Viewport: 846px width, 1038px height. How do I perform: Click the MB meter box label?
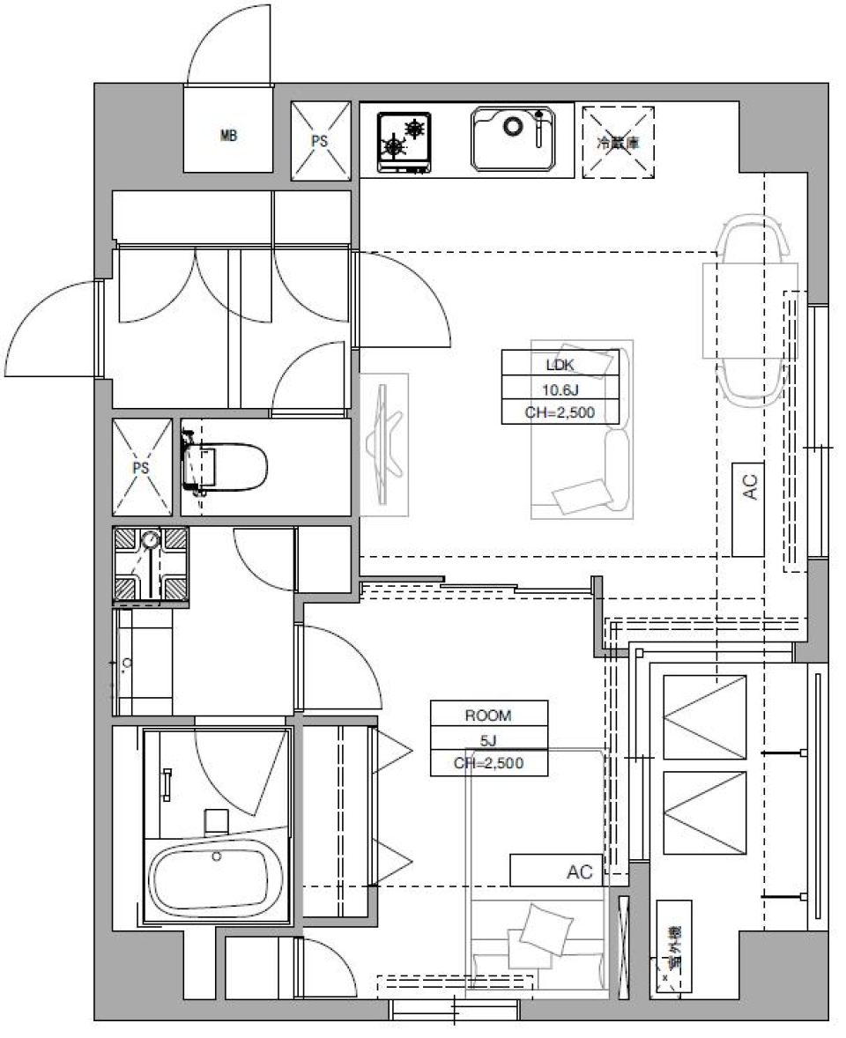228,136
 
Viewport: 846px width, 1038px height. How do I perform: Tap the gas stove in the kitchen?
404,140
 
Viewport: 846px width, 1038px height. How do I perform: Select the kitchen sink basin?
512,138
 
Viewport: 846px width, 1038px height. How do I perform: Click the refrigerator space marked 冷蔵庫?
619,142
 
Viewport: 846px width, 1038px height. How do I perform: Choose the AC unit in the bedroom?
557,871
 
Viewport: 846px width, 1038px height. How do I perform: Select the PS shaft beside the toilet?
142,467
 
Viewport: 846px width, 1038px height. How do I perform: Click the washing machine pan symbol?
150,565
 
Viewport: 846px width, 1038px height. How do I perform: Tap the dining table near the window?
749,309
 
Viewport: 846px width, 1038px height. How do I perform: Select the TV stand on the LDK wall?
384,444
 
